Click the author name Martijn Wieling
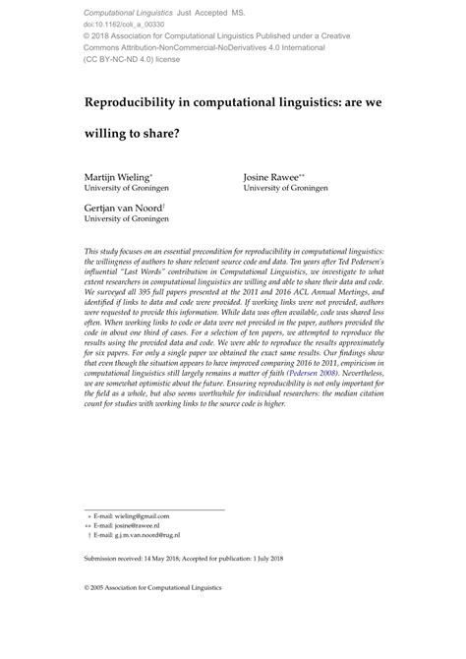(123, 176)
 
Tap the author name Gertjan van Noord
(131, 208)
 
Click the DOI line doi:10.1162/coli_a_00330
(126, 22)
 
